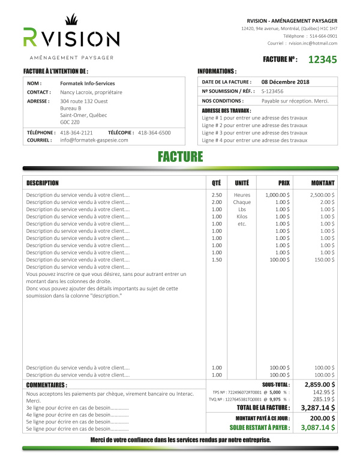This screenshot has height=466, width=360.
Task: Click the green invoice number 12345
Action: coord(322,59)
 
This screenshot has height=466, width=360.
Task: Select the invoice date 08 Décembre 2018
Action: coord(285,82)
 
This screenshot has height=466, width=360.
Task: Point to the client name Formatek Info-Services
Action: coord(88,83)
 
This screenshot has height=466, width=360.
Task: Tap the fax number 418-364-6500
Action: coord(154,132)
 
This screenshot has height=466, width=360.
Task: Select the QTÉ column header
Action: coord(217,182)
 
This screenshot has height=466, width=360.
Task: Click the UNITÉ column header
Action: coord(242,182)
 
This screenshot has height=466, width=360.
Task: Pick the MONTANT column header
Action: coord(323,182)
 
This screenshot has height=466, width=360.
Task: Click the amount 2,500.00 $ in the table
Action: coord(323,195)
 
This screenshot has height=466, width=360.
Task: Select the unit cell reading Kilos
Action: coord(242,217)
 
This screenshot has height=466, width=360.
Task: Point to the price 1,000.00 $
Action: coord(277,195)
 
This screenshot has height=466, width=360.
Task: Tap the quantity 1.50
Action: coord(217,260)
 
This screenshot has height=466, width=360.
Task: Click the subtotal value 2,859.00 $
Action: coord(320,384)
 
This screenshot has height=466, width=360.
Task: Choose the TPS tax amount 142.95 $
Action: coord(325,392)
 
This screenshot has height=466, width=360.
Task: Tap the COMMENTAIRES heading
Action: coord(46,384)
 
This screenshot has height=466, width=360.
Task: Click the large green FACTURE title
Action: coord(180,157)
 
